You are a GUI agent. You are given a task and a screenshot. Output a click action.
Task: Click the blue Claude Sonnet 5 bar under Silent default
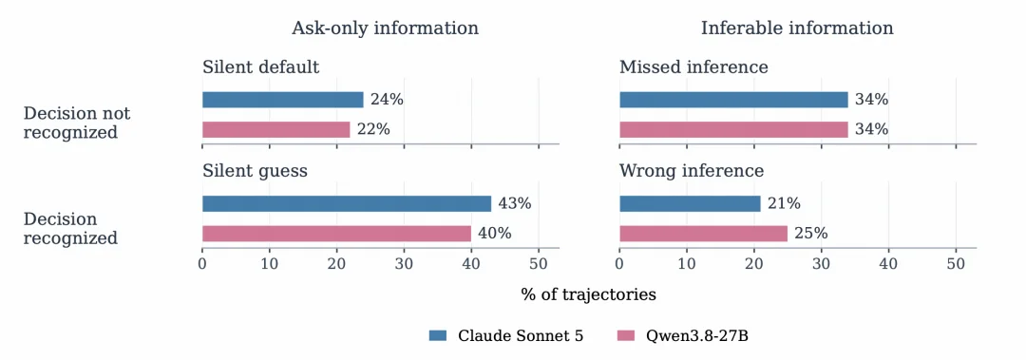[283, 100]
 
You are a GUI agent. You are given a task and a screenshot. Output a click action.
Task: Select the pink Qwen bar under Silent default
[276, 129]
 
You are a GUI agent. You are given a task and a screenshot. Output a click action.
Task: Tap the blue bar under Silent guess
[347, 203]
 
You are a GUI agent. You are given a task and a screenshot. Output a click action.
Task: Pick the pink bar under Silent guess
[336, 234]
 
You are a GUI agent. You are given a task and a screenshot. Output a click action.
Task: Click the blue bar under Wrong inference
[690, 203]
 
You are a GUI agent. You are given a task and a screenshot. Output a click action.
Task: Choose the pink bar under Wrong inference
[703, 234]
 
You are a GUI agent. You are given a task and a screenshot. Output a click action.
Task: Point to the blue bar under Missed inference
[733, 100]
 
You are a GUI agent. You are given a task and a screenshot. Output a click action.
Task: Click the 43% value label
[514, 203]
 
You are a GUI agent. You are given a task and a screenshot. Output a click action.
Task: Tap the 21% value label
[784, 203]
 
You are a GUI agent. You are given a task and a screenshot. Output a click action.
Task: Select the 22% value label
[373, 129]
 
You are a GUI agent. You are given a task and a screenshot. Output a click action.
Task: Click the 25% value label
[811, 234]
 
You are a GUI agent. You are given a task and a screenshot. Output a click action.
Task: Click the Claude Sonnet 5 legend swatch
[438, 336]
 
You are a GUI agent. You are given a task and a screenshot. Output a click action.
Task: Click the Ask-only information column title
[385, 28]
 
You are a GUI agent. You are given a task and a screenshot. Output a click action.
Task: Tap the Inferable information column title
[797, 28]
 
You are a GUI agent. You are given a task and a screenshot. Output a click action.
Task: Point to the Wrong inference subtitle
[692, 172]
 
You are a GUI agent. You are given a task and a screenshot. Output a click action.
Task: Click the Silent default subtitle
[261, 67]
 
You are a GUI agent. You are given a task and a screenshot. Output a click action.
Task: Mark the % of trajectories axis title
[588, 294]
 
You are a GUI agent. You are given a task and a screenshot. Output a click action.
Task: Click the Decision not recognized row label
[77, 123]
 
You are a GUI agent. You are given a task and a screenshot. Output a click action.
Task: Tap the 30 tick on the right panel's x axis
[821, 264]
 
